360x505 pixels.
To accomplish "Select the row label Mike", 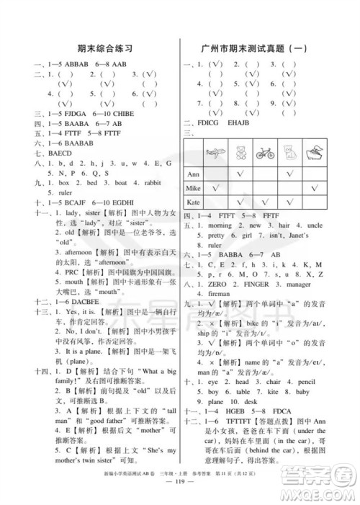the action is pos(193,188).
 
